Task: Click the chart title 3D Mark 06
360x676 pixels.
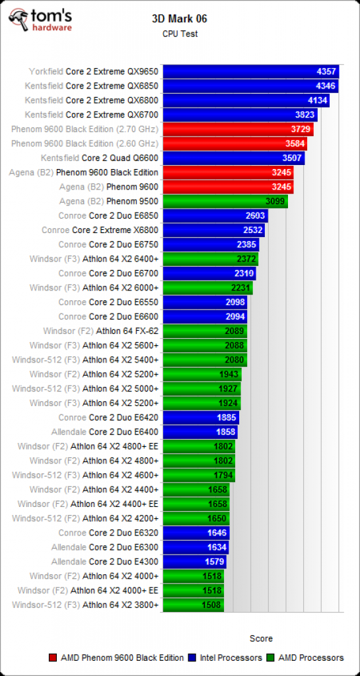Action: (180, 18)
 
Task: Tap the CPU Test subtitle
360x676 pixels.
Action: (180, 34)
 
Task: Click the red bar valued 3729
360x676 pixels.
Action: (238, 129)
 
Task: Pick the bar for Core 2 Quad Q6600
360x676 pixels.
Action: (234, 158)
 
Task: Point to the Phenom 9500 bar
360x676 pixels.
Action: (226, 201)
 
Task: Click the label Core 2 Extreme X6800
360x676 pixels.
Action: (116, 230)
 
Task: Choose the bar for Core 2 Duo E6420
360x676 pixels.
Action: (201, 417)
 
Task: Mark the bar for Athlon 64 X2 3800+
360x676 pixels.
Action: (194, 605)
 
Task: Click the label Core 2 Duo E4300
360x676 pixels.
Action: (124, 561)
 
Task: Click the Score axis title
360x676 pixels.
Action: (261, 638)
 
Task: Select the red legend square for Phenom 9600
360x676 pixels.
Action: (54, 658)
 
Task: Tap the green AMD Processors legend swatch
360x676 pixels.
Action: (271, 658)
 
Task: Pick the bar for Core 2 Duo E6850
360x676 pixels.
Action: (216, 216)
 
